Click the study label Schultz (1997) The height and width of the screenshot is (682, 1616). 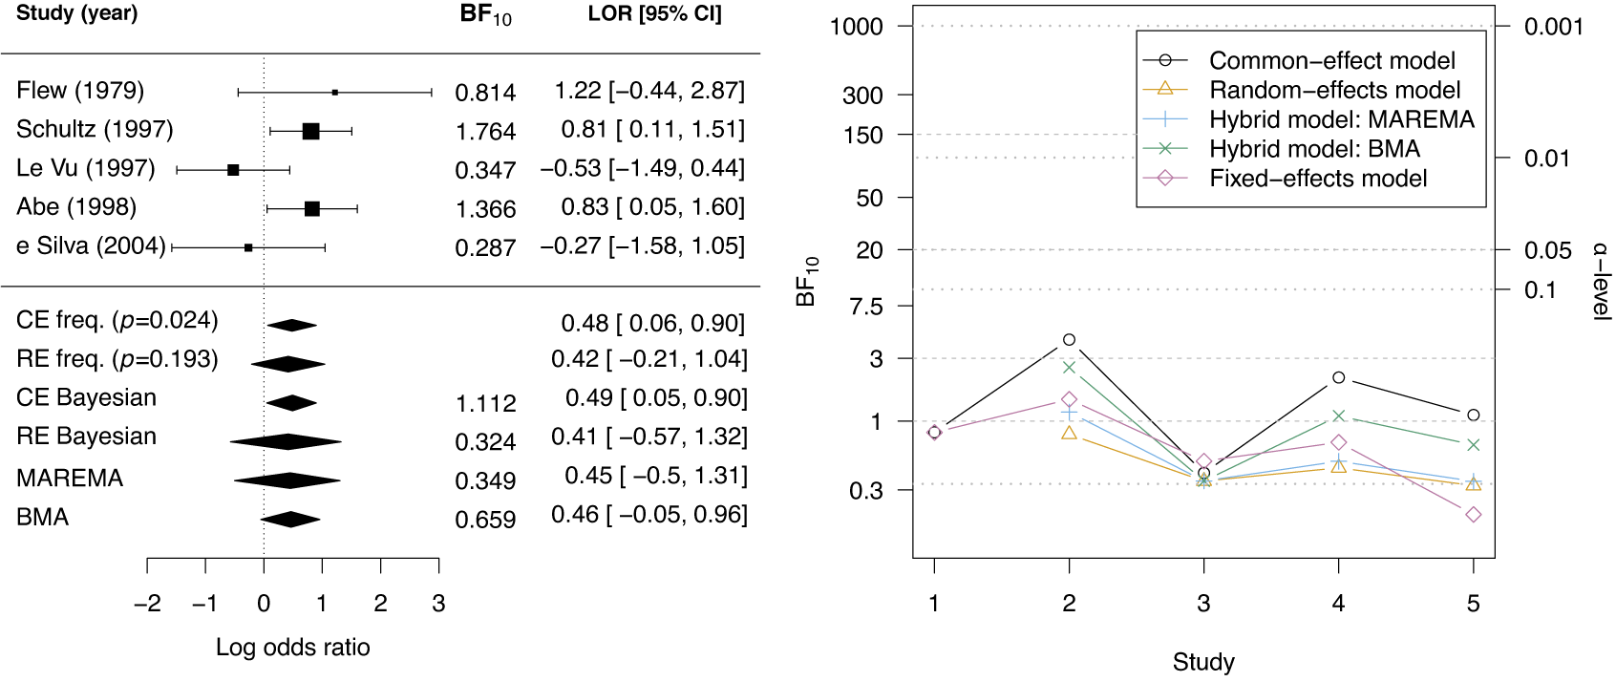click(x=95, y=129)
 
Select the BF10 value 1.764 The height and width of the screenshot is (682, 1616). click(x=485, y=132)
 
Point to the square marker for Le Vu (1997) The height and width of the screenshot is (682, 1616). click(x=233, y=170)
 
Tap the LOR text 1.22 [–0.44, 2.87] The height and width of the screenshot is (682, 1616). click(x=649, y=91)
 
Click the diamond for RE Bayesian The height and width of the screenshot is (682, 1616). click(x=287, y=441)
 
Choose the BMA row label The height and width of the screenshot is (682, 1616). click(x=43, y=518)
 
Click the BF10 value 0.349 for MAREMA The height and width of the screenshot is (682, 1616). click(x=485, y=481)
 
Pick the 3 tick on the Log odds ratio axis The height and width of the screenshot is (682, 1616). click(x=438, y=604)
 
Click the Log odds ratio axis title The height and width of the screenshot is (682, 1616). click(x=292, y=648)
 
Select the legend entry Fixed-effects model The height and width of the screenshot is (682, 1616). click(x=1317, y=179)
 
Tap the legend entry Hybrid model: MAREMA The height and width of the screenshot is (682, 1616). click(x=1341, y=119)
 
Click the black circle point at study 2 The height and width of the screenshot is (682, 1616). click(x=1069, y=340)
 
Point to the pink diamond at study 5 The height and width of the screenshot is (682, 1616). click(x=1474, y=515)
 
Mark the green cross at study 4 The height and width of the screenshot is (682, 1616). click(x=1339, y=416)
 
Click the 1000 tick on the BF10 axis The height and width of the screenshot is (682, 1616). click(x=857, y=27)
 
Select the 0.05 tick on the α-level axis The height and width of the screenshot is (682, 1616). click(x=1547, y=250)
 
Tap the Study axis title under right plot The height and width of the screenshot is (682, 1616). click(x=1203, y=662)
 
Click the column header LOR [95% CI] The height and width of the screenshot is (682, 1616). click(x=654, y=14)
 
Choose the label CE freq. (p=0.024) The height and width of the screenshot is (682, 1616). click(x=117, y=321)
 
